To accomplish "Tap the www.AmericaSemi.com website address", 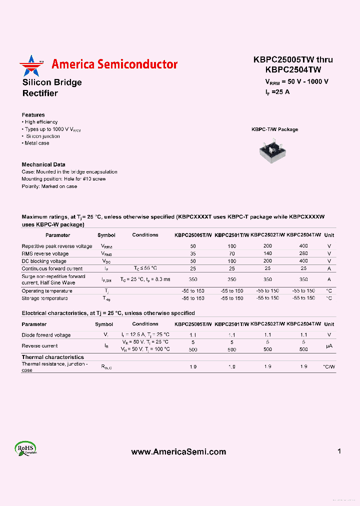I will (x=178, y=451).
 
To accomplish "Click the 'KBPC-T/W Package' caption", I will (x=274, y=129).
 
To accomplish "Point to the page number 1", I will (x=339, y=451).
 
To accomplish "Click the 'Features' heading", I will (x=33, y=115).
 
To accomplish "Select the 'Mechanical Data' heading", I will (x=43, y=164).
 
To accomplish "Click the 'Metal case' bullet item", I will (x=36, y=143).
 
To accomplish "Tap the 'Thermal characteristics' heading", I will (x=52, y=357).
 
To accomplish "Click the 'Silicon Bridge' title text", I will (x=52, y=82).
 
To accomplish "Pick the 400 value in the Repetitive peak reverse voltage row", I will (x=303, y=246).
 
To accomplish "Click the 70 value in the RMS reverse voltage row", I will (x=232, y=253).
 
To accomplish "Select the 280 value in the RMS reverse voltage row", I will (x=303, y=253).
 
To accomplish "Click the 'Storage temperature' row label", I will (x=44, y=298).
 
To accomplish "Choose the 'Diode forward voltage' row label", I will (x=46, y=335).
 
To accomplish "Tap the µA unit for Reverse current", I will (x=328, y=346).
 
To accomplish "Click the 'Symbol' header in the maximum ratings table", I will (x=106, y=235).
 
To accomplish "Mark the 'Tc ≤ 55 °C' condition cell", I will (x=145, y=268).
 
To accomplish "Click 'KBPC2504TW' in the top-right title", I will (x=293, y=70).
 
